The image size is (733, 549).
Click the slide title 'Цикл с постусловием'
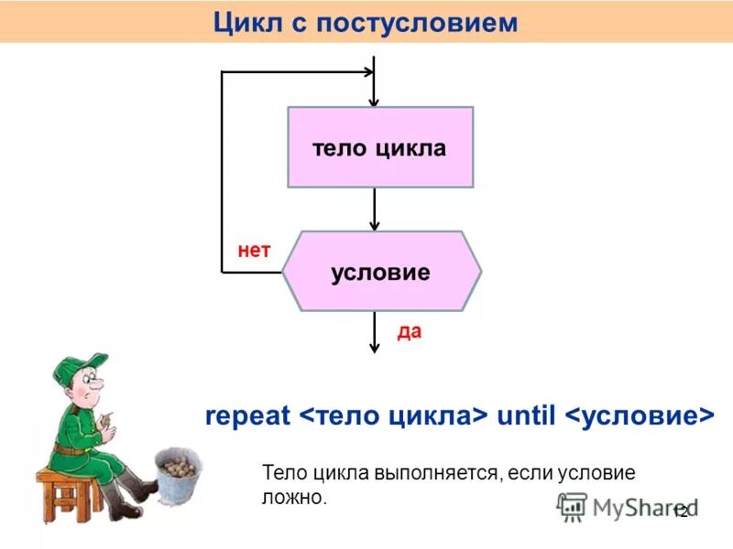click(366, 22)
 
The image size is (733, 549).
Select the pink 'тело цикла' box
click(380, 147)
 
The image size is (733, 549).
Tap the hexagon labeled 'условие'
click(381, 272)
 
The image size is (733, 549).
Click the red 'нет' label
click(254, 250)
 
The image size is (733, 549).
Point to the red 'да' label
click(409, 331)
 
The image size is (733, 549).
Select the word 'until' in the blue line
click(526, 414)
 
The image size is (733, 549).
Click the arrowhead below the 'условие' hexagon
click(374, 347)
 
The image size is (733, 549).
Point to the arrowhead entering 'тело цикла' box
click(374, 100)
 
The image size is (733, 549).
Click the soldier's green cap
click(78, 367)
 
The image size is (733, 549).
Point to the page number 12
click(680, 512)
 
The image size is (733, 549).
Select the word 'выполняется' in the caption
click(435, 474)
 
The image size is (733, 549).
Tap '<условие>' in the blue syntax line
click(638, 414)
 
